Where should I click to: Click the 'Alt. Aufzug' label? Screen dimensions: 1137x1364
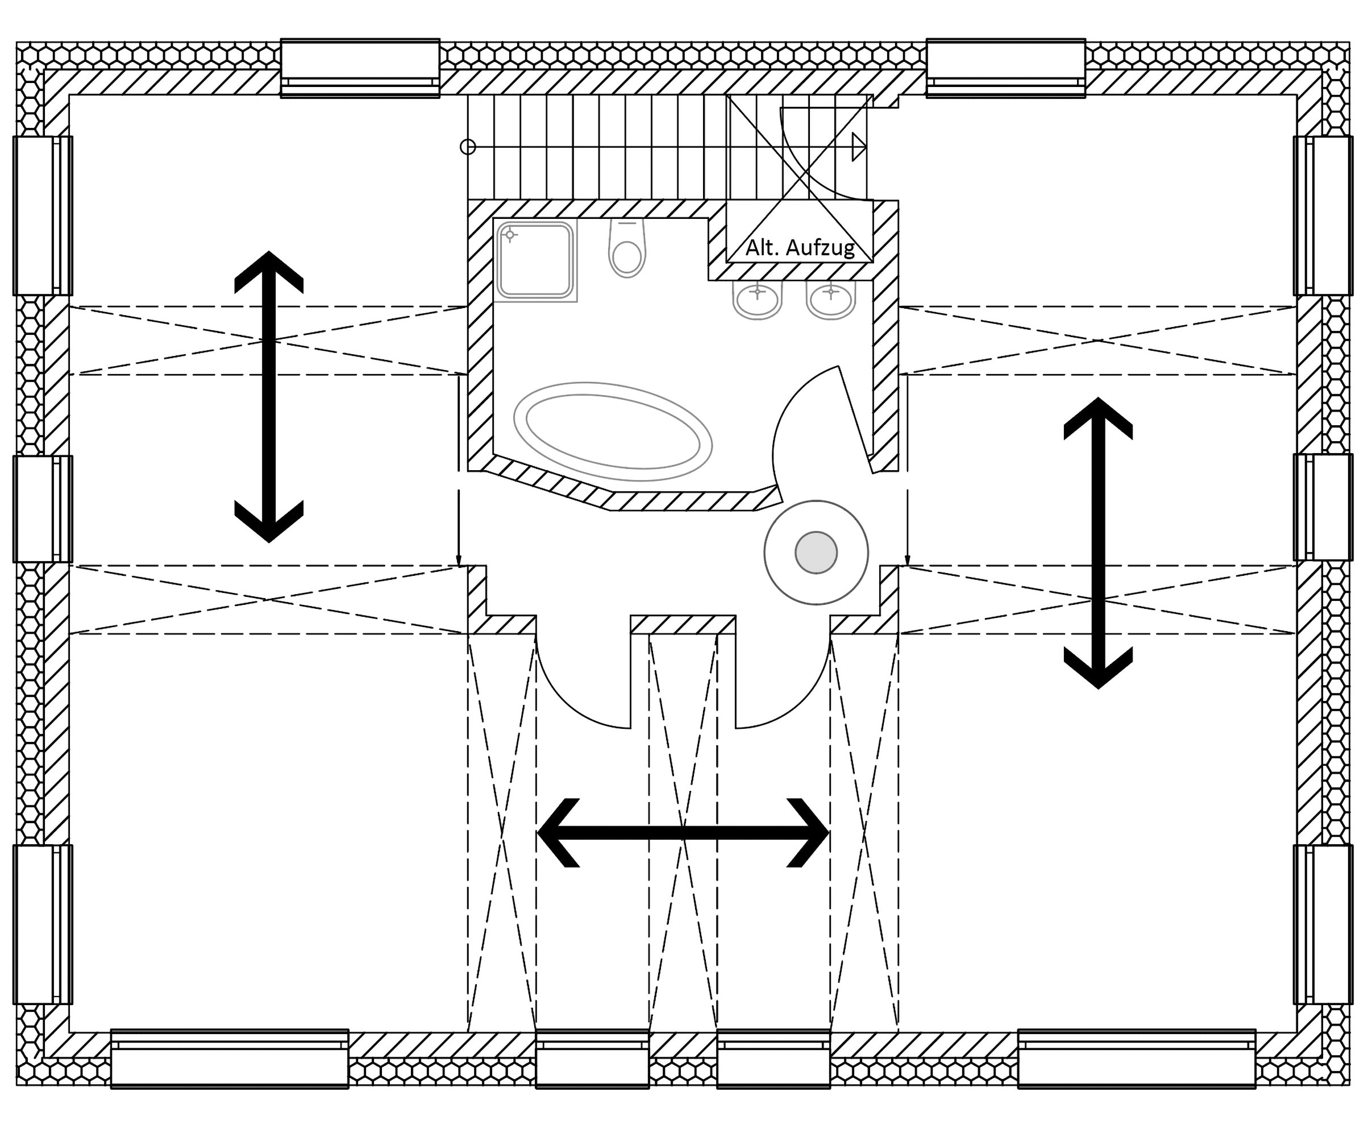(x=800, y=247)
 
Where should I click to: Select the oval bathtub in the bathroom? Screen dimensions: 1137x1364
(x=613, y=431)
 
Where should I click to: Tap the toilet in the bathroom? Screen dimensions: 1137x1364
(x=627, y=250)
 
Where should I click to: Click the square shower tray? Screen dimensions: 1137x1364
(x=535, y=260)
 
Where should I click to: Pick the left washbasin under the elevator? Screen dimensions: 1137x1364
(x=758, y=301)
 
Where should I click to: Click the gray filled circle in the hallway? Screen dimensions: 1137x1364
(x=816, y=552)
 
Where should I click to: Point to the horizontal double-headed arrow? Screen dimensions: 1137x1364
(x=683, y=833)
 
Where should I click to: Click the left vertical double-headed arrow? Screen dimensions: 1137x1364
(x=269, y=396)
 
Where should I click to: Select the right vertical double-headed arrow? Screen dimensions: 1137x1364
(x=1097, y=543)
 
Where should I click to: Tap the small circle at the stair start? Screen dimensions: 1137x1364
(x=468, y=147)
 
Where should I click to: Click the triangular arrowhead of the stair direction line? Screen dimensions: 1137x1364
(x=859, y=147)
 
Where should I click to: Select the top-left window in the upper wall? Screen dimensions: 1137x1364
(x=360, y=68)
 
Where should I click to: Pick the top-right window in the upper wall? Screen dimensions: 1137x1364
(x=1005, y=68)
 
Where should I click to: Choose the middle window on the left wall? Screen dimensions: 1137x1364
(x=43, y=509)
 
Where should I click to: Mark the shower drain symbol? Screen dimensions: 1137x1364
(x=510, y=235)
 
